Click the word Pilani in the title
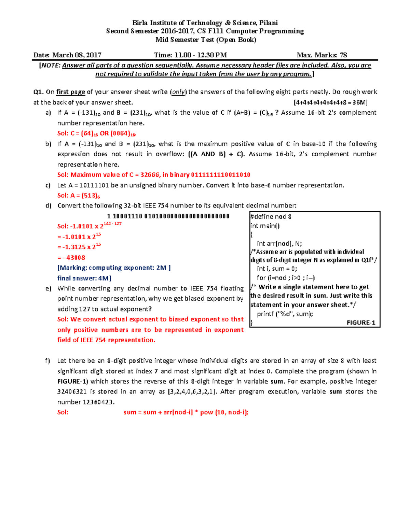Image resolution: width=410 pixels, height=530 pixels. tap(268, 23)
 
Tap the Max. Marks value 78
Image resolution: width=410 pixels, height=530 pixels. tap(343, 55)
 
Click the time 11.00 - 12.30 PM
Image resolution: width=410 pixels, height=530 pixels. tap(201, 55)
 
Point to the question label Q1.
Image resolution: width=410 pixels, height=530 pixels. tap(38, 92)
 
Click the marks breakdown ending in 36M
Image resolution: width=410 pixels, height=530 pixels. tap(330, 102)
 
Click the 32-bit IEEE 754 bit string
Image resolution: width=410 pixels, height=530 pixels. tap(168, 216)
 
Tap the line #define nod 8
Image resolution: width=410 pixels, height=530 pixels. tap(271, 216)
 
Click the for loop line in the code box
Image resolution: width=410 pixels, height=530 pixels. tap(286, 278)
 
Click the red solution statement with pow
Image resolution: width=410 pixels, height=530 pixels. tap(186, 412)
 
